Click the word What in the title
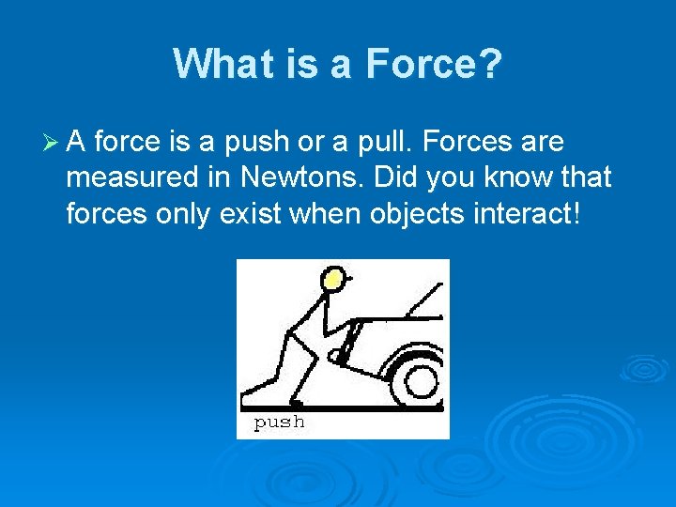218,65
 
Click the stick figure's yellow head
332,279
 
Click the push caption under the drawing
280,422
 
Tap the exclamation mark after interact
577,212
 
